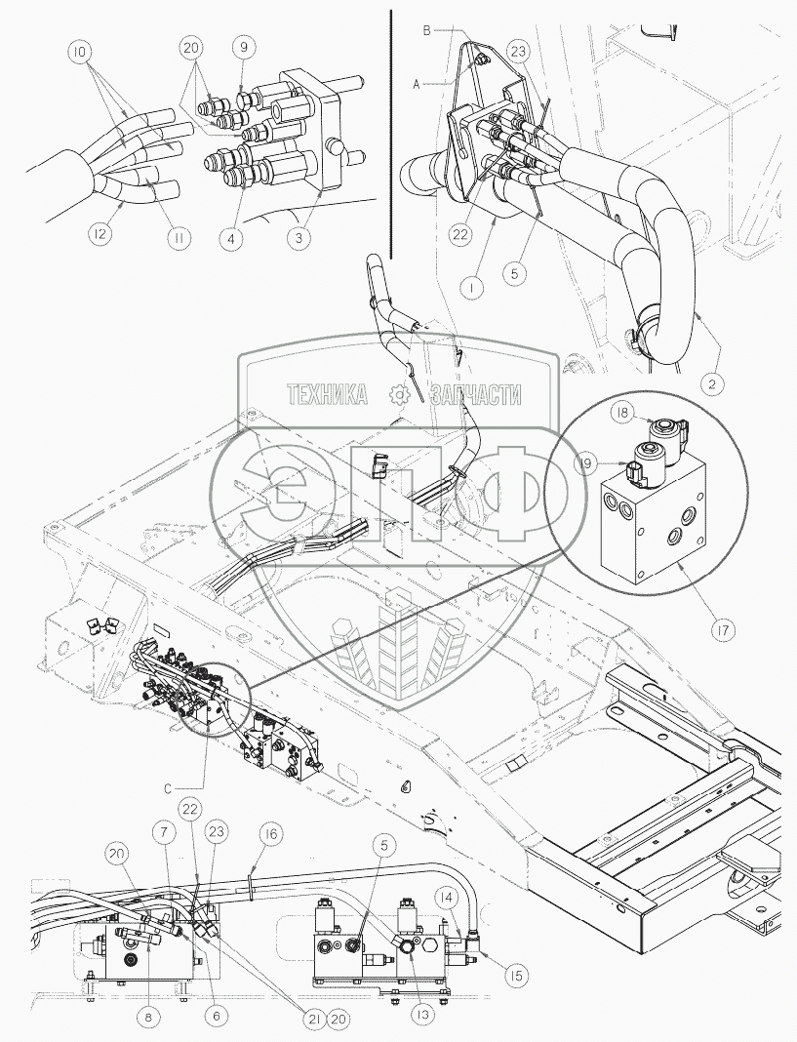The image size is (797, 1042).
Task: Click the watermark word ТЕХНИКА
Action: tap(326, 394)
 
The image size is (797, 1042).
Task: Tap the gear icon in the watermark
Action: tap(398, 394)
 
